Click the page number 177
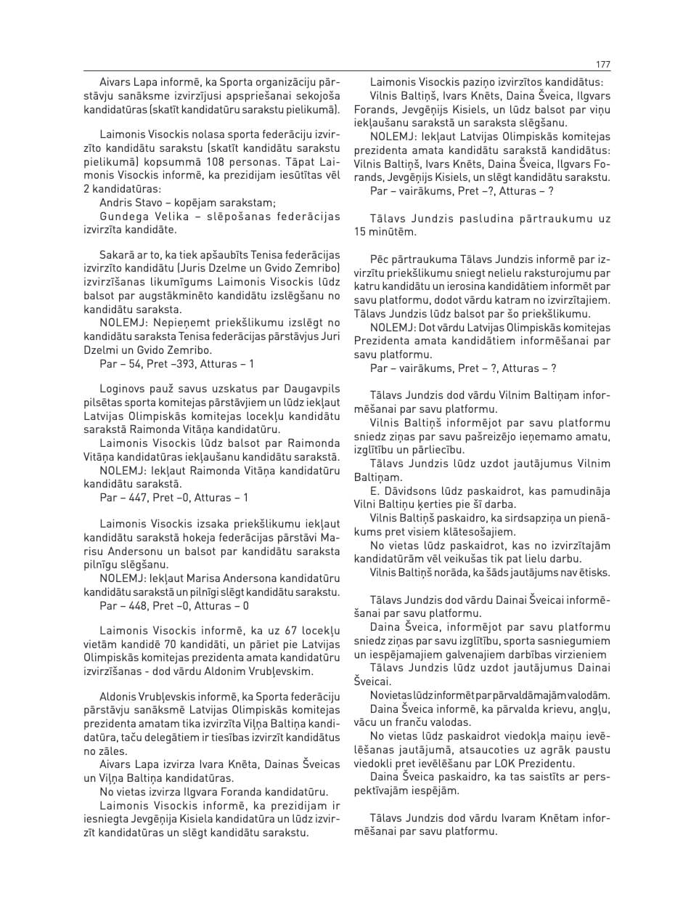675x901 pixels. point(602,64)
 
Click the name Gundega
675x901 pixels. point(122,217)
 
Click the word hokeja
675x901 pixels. point(218,538)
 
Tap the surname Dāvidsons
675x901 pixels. point(413,491)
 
